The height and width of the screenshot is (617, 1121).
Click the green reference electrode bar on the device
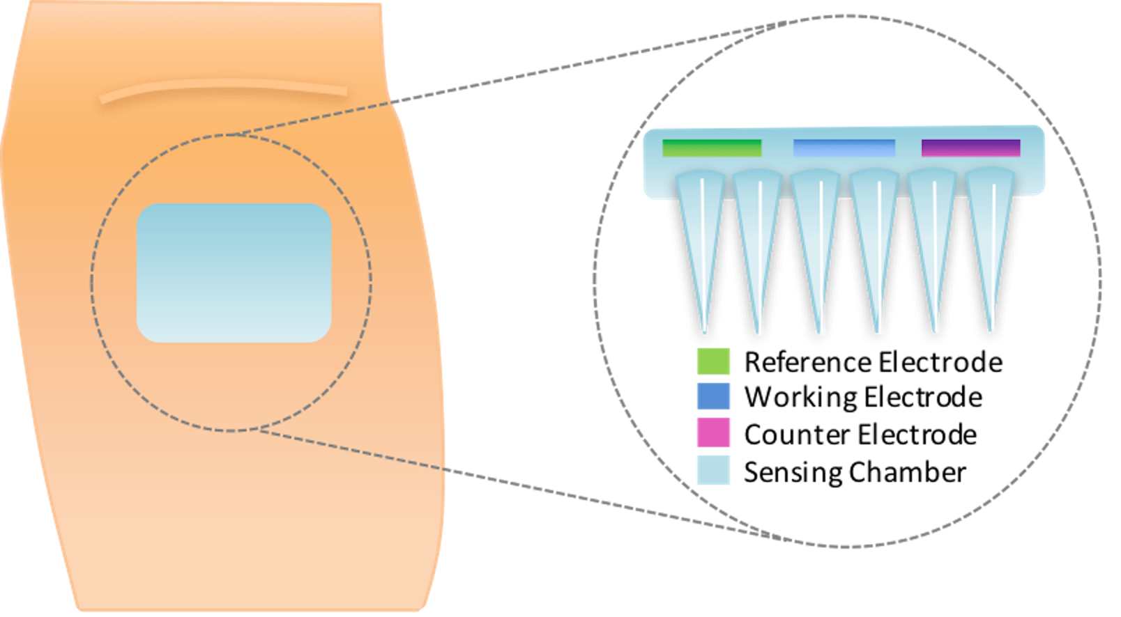[x=712, y=148]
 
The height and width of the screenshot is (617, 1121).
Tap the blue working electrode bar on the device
[x=844, y=148]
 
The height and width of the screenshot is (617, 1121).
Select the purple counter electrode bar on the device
[x=970, y=148]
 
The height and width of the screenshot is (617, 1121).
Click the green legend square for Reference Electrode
[x=713, y=361]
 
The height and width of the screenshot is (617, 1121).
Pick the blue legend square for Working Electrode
[x=713, y=396]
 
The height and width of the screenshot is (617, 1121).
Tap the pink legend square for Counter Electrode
[x=713, y=432]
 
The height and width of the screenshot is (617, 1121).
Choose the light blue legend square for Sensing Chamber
[x=713, y=470]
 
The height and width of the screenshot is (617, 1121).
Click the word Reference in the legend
[x=807, y=362]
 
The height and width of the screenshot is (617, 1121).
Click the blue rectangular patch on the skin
[x=234, y=272]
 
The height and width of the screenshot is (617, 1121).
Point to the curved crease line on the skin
[x=223, y=87]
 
